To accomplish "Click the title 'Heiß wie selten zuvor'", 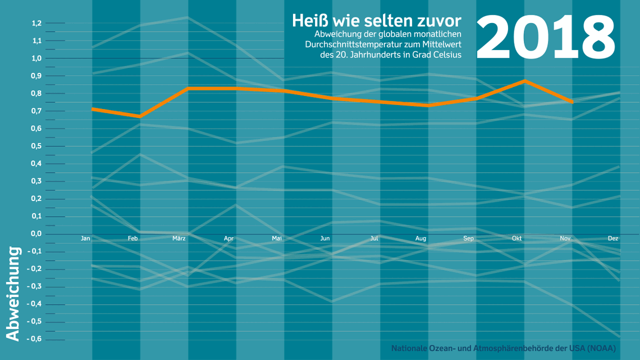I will coord(376,21).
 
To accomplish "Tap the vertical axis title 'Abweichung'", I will coord(13,293).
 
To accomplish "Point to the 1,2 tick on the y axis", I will coord(37,23).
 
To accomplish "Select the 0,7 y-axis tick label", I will coord(37,111).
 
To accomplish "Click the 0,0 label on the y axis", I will coord(37,234).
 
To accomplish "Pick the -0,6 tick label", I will coord(36,339).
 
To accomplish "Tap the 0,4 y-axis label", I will coord(37,163).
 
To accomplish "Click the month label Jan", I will coord(85,239).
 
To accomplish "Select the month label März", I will coord(179,239).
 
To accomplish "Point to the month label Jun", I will coord(325,239).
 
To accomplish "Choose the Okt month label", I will coord(516,239).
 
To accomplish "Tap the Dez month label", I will coord(613,239).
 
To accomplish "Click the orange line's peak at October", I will coord(525,81).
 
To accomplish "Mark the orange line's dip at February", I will coord(140,116).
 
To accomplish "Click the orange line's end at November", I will coord(572,102).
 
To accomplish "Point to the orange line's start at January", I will coord(93,109).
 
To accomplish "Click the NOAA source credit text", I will coord(503,349).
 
